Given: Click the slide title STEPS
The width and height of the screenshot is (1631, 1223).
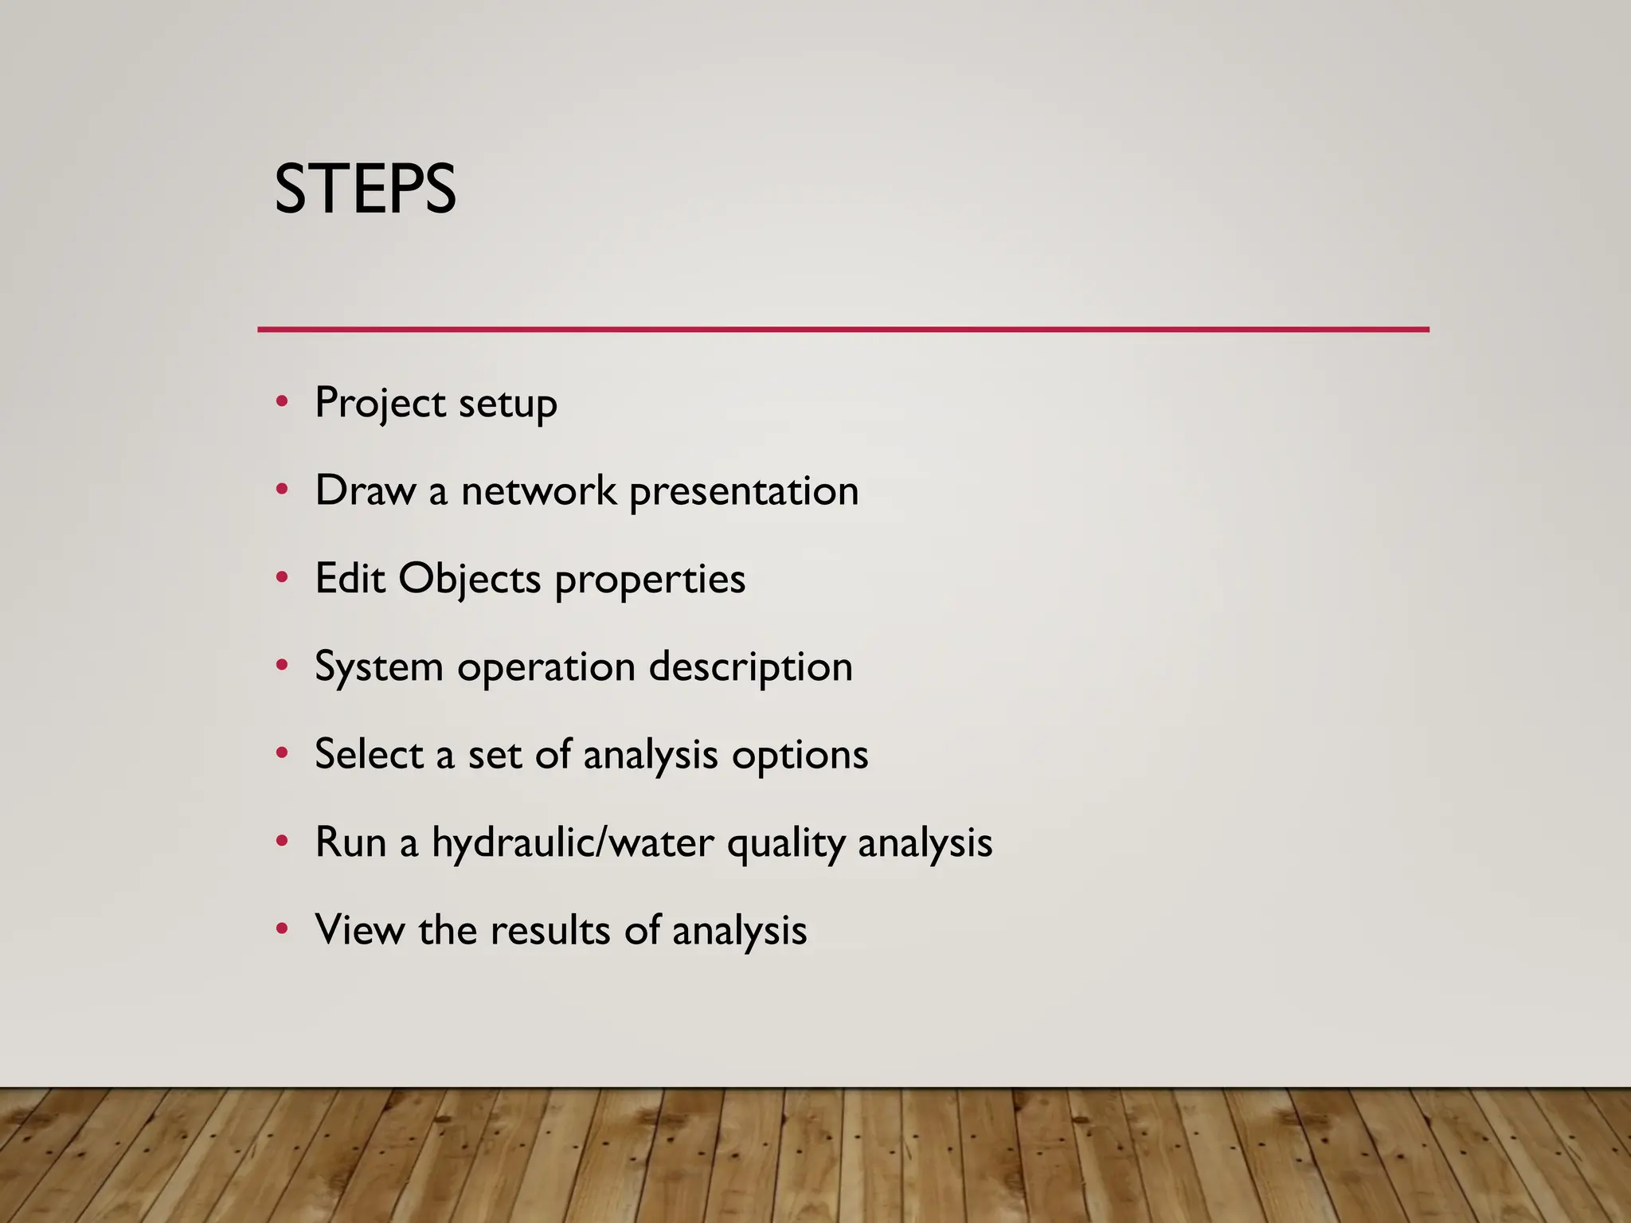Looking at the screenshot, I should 365,190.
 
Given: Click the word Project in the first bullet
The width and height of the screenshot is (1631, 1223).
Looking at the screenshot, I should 380,403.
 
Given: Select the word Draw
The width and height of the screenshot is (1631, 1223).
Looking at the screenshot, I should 366,490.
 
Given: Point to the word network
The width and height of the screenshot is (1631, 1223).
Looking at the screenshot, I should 538,490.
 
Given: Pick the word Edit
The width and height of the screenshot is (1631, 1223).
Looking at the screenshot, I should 350,578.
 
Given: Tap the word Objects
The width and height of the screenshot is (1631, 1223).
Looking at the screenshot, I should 469,580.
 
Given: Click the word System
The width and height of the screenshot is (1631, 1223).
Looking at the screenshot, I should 379,667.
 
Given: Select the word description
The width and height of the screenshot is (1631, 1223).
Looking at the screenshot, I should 750,667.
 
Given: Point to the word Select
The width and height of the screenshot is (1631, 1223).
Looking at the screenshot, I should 369,754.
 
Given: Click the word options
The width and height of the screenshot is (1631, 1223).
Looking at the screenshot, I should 800,756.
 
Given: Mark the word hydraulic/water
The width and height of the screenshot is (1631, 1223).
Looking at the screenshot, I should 573,842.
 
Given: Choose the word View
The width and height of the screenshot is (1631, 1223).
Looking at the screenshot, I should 359,930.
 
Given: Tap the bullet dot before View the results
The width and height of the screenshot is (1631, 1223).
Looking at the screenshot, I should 282,928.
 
